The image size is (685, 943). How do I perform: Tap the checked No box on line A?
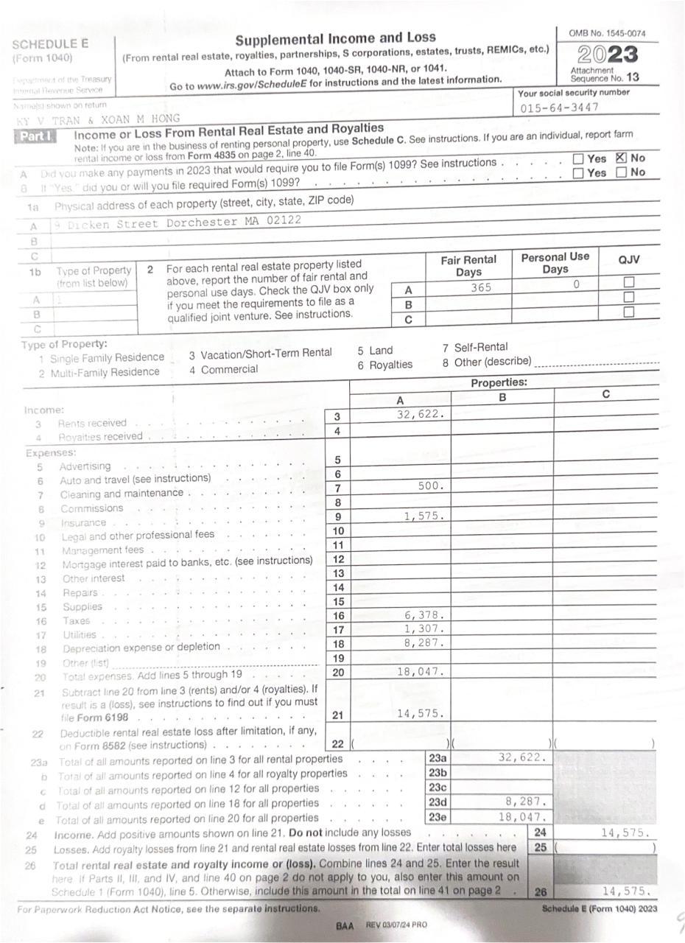point(620,158)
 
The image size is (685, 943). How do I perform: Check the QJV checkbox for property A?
point(628,282)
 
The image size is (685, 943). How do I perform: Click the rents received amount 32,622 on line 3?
point(420,414)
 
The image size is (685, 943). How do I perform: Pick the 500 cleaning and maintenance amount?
point(430,486)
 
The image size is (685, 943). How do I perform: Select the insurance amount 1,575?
point(424,516)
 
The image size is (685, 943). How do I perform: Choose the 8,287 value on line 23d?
point(527,801)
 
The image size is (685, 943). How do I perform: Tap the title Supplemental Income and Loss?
point(335,38)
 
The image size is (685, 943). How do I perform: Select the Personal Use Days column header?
point(555,263)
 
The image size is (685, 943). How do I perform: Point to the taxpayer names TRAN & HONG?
point(96,119)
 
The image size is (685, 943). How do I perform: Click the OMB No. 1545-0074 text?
point(607,34)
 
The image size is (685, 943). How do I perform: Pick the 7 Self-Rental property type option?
point(475,347)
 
